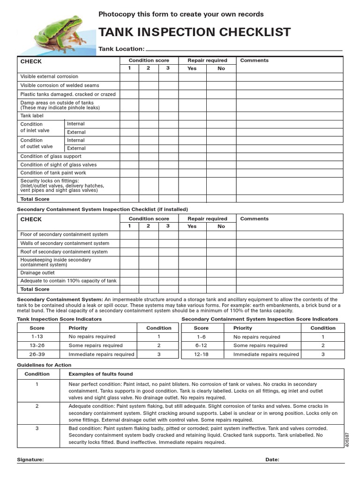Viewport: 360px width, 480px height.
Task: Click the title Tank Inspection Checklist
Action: click(194, 32)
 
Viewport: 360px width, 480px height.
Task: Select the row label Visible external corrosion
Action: click(49, 76)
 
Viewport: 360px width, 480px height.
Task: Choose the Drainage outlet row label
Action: click(37, 272)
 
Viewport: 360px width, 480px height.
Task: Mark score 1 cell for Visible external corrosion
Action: click(129, 76)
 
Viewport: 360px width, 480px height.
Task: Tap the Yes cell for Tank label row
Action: click(192, 115)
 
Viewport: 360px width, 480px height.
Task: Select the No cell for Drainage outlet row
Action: click(221, 272)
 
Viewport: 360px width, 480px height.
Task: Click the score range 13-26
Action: click(37, 345)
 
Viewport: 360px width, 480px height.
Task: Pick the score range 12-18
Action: click(201, 354)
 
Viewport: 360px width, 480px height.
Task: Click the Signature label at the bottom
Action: click(30, 460)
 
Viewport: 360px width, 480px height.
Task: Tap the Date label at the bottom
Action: click(272, 460)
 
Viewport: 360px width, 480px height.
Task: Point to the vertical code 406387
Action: click(347, 440)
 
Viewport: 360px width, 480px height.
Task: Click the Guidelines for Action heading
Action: click(44, 365)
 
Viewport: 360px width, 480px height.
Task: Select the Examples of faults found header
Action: click(100, 374)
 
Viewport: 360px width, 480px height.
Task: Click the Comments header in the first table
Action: click(254, 60)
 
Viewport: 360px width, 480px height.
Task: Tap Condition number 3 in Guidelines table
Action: click(37, 428)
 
